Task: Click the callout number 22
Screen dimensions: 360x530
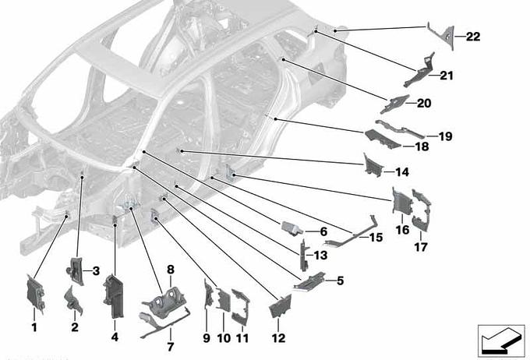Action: coord(473,37)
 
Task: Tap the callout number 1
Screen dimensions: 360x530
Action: coord(34,327)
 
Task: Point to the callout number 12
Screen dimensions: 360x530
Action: coord(278,338)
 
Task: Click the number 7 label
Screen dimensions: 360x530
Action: coord(170,346)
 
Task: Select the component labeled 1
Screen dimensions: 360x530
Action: coord(37,293)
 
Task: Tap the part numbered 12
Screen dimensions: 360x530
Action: coord(278,308)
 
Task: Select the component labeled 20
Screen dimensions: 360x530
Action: coord(397,104)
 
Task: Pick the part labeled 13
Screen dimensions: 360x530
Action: coord(303,256)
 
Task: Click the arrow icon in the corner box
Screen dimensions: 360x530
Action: coord(496,340)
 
